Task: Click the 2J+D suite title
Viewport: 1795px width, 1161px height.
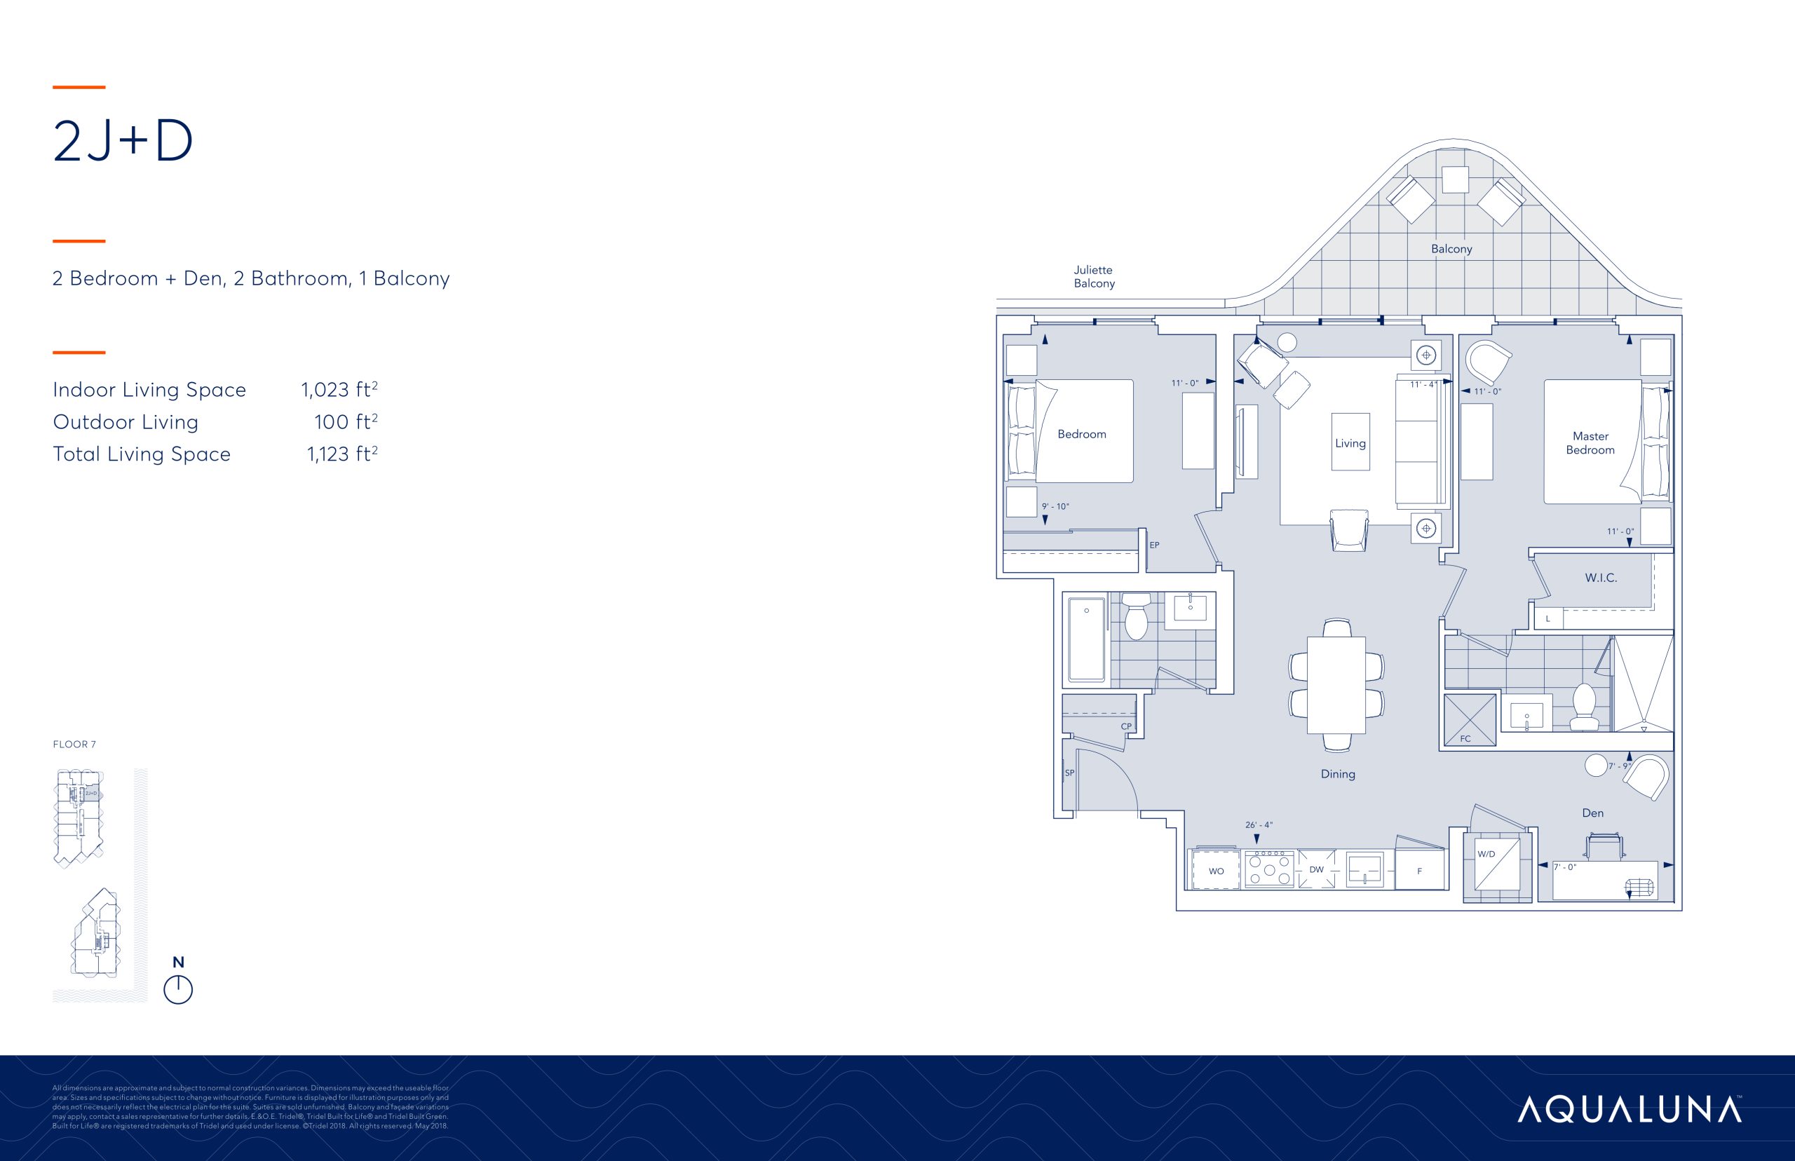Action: (123, 141)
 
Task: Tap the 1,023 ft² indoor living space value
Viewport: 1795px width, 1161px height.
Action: (339, 390)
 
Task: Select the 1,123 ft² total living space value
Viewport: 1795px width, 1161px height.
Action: (341, 454)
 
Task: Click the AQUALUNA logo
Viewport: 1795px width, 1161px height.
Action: (1629, 1110)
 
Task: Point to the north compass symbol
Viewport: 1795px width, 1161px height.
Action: (178, 989)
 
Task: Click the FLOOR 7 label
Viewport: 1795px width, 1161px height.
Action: (74, 744)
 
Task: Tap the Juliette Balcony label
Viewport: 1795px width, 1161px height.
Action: (1094, 277)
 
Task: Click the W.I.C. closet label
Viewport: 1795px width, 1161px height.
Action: (1601, 578)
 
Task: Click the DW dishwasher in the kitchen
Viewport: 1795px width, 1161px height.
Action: (1316, 869)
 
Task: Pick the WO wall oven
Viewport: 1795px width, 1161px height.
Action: (1215, 870)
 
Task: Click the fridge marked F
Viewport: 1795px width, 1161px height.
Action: (1420, 870)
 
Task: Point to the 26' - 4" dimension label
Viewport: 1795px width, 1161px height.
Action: (1259, 824)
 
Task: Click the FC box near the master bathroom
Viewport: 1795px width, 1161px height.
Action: (1468, 720)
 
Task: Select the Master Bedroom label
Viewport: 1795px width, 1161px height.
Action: (1590, 443)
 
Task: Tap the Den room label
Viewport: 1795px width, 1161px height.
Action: (1592, 813)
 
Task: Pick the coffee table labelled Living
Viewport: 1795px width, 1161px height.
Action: (1350, 442)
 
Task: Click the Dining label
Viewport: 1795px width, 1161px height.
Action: (1337, 773)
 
